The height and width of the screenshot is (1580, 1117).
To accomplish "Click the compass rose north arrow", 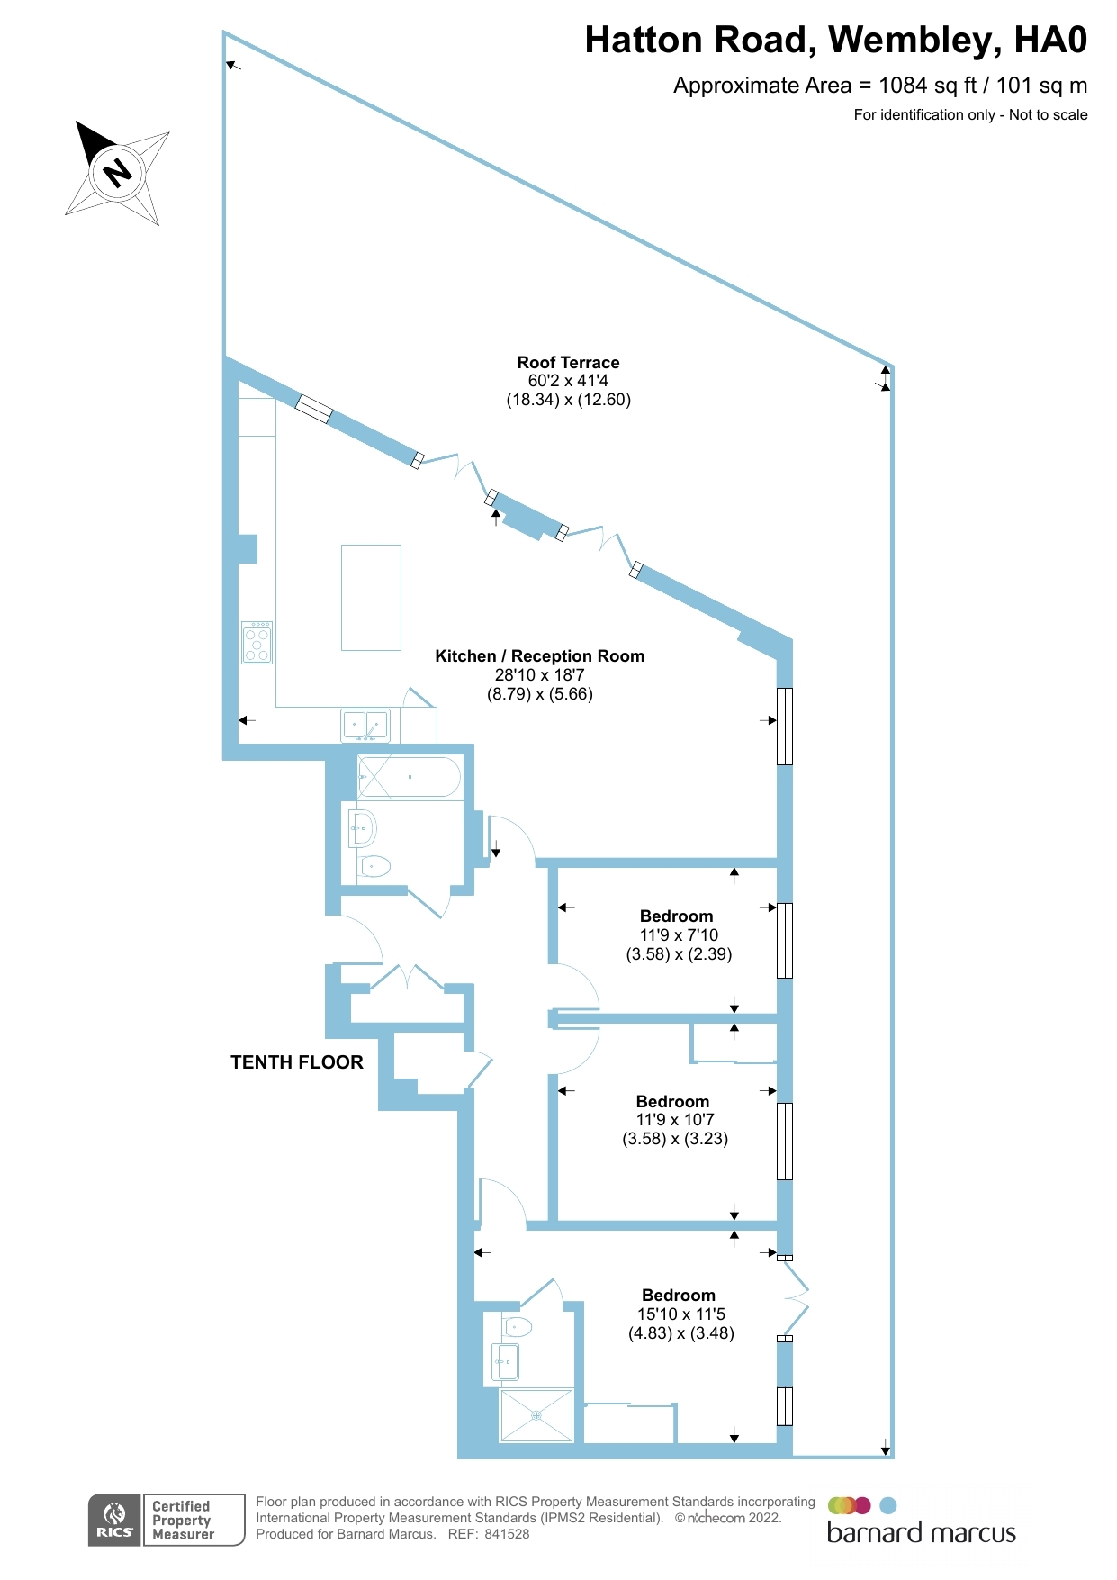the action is (x=117, y=172).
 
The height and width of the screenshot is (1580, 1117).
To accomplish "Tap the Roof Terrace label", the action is (x=568, y=363).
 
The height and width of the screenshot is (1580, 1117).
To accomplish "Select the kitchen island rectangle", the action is (x=371, y=597).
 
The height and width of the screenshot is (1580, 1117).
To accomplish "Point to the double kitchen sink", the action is (x=365, y=724).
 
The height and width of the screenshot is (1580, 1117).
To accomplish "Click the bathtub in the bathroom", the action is (x=410, y=777).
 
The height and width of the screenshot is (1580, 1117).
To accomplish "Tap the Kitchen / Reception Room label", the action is (x=539, y=656).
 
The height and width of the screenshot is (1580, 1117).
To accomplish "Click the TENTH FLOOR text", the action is (x=297, y=1062).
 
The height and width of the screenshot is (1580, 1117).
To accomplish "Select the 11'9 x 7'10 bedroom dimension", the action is (x=679, y=935).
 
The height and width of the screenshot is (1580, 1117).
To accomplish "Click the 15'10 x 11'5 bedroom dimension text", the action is (x=681, y=1314).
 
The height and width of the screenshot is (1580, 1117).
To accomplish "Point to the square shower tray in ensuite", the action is (x=536, y=1415).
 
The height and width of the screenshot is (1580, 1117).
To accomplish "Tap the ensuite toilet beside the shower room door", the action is (x=518, y=1326).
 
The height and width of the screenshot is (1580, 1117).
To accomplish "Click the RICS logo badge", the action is (x=115, y=1521).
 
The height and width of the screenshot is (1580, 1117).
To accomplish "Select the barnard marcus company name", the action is (x=921, y=1533).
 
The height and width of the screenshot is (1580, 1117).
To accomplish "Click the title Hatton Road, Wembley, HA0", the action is (x=835, y=41).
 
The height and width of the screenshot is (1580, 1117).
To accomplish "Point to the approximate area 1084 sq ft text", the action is (x=879, y=86).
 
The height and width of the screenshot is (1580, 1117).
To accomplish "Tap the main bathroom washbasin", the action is (x=363, y=827).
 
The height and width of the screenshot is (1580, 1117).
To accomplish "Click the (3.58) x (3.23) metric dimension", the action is (x=675, y=1139).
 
